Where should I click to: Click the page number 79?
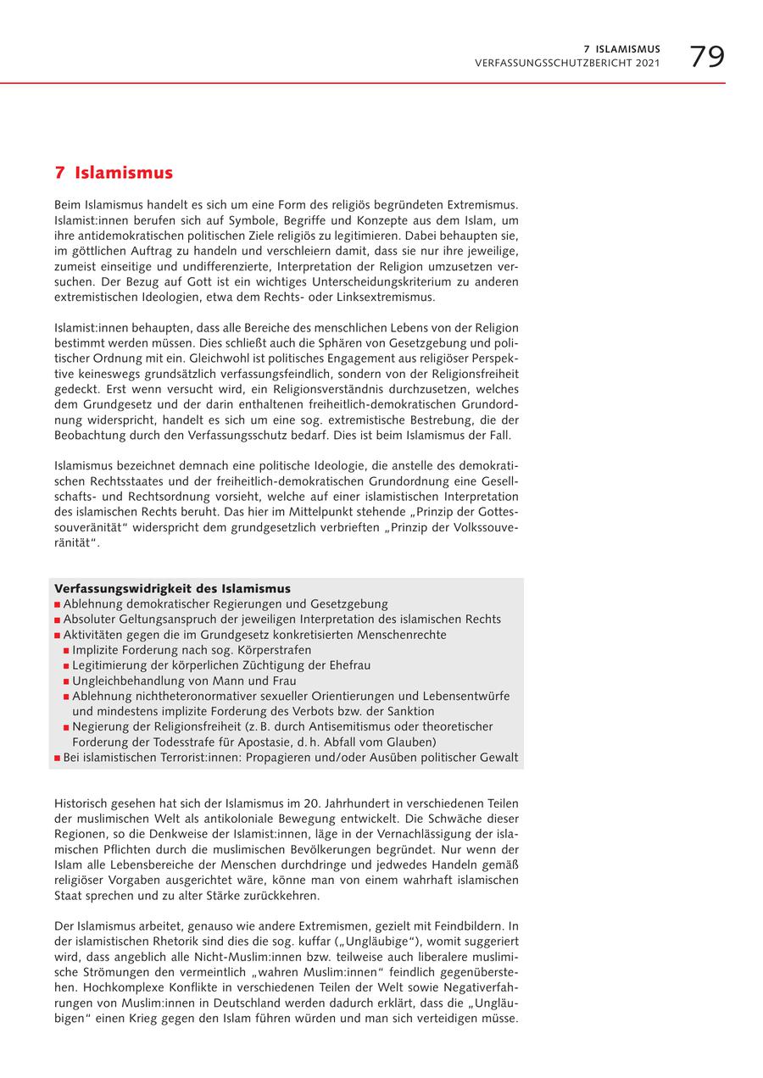click(706, 57)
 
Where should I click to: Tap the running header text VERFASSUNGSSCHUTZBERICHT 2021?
click(567, 64)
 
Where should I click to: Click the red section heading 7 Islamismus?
click(114, 173)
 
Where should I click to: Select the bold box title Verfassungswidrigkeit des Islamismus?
click(172, 588)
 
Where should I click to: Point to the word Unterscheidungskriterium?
click(370, 281)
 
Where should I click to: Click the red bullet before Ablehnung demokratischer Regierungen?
click(58, 605)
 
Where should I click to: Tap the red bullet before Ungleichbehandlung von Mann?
click(66, 681)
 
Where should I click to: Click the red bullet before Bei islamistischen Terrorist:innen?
click(58, 758)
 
